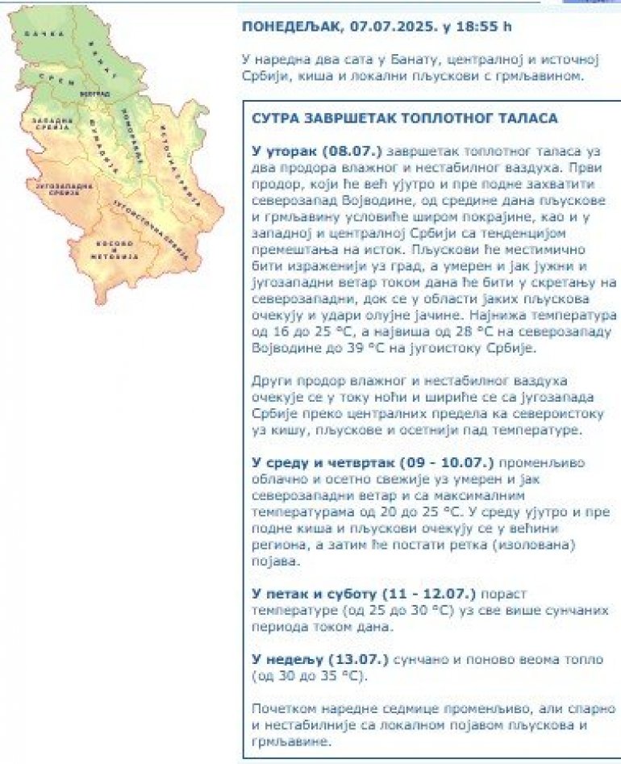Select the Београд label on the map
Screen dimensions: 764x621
94,94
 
